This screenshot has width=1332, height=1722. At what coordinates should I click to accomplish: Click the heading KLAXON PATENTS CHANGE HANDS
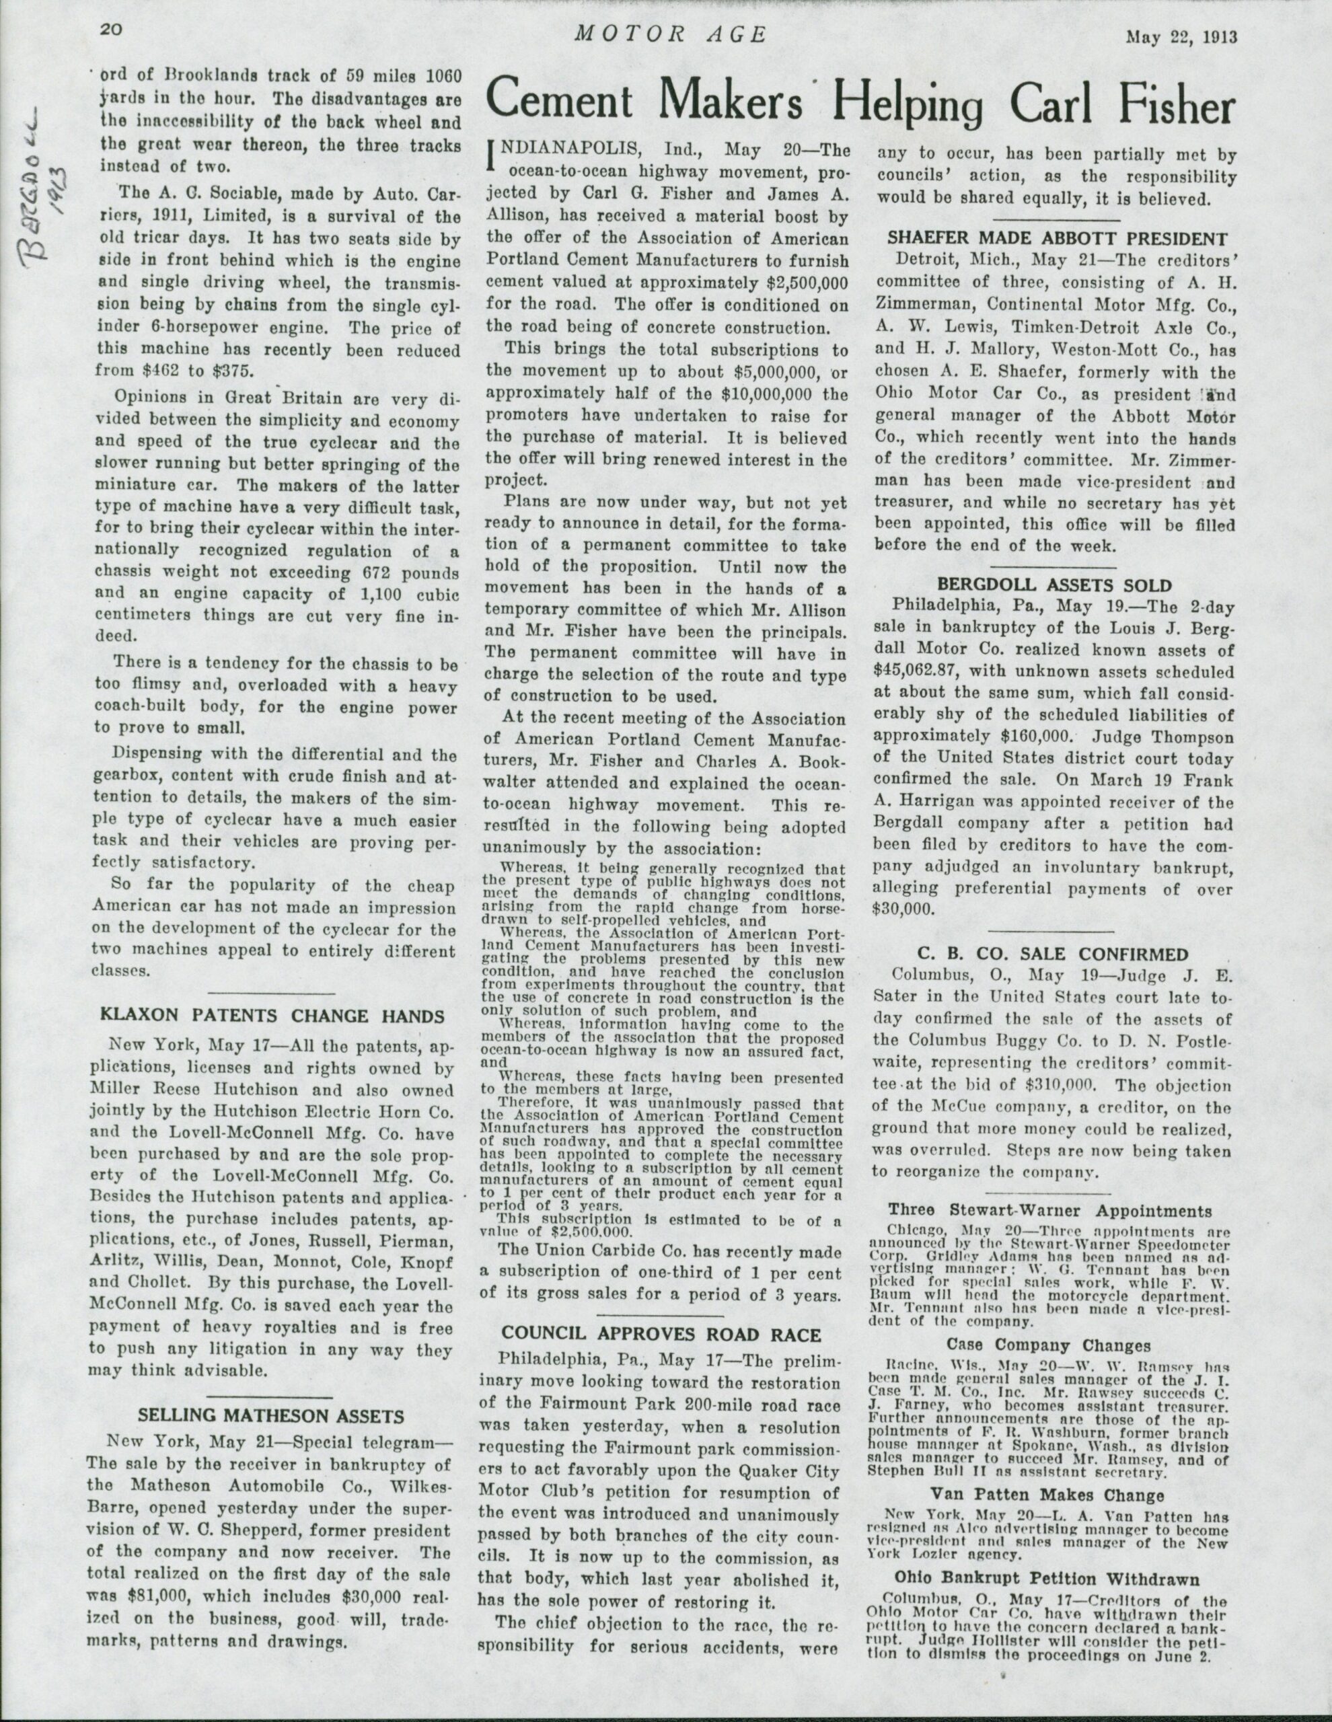coord(274,1016)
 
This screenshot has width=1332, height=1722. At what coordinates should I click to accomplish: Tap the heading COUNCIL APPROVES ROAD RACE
coord(662,1333)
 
